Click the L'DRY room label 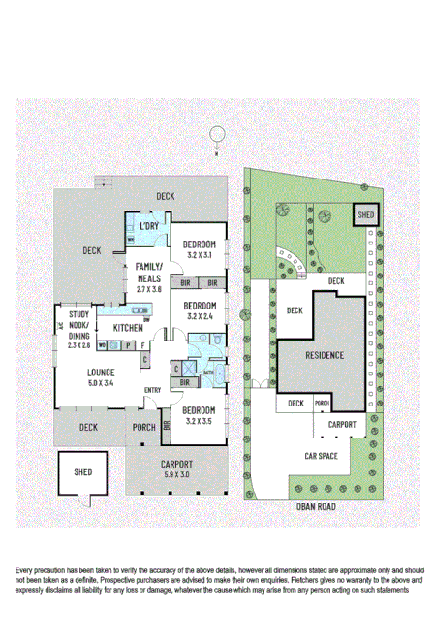(x=149, y=226)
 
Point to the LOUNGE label (x=101, y=372)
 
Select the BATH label (x=208, y=371)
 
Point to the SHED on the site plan (x=366, y=213)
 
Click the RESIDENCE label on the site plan (x=325, y=355)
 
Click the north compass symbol (x=218, y=135)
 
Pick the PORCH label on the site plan (x=323, y=403)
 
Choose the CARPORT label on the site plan (x=341, y=424)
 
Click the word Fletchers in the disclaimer (x=295, y=577)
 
